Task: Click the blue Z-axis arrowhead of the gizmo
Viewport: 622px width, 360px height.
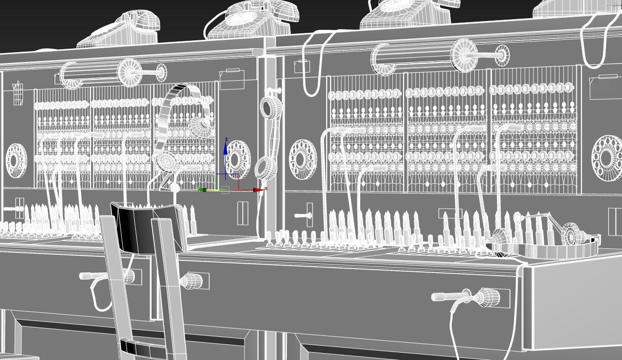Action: pos(225,147)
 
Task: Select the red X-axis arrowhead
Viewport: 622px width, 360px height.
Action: pos(258,190)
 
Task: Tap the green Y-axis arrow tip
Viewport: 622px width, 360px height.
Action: pos(201,190)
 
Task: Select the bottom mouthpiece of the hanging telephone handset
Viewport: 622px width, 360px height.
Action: pos(266,167)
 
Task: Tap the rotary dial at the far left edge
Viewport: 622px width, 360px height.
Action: pos(16,160)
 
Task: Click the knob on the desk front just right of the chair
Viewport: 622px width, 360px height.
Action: pos(192,281)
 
